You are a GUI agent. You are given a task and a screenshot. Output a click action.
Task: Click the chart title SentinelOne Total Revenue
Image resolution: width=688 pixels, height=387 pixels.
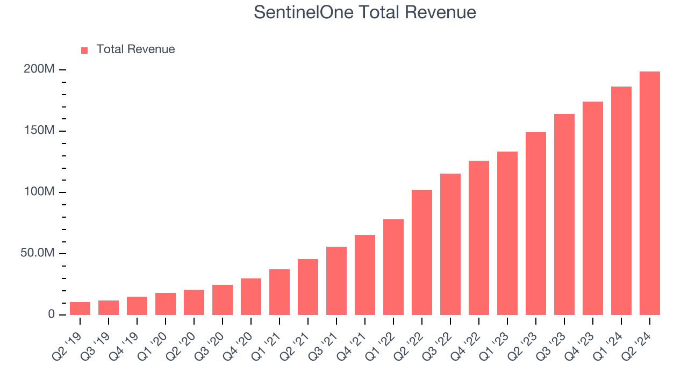point(365,12)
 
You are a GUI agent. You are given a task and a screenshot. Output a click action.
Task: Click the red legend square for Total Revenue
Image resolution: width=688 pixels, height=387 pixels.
point(84,51)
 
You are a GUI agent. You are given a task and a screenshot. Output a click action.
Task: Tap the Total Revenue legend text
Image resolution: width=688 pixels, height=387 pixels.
point(135,49)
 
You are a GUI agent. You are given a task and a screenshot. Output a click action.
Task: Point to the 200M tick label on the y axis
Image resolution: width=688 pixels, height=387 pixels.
point(39,69)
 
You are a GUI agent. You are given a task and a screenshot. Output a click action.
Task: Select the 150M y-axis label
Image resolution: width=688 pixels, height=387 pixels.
point(39,131)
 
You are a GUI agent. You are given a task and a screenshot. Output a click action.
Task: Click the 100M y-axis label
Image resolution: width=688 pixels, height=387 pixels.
point(39,192)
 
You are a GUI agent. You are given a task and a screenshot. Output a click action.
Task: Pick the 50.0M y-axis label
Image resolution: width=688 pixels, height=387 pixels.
point(37,253)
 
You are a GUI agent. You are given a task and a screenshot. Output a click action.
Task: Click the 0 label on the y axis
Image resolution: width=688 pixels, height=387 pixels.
point(52,314)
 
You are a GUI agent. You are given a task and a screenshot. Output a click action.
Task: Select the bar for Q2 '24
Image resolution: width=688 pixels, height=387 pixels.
point(649,193)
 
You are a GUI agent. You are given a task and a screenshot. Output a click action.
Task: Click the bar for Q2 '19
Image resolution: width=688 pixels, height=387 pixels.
point(80,309)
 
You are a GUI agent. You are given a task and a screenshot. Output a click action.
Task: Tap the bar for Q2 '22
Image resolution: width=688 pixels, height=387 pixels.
point(422,253)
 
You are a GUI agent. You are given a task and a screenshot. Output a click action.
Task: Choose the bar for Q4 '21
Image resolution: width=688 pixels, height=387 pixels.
point(365,275)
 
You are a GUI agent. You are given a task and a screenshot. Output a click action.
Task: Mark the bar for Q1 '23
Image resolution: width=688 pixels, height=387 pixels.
point(507,233)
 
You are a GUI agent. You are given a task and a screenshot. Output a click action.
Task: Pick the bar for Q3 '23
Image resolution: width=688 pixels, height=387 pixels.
point(564,214)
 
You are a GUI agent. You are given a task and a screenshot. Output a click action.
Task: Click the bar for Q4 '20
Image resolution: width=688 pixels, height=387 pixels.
point(251,297)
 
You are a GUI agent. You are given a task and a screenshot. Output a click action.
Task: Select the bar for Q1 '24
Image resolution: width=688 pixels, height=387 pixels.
point(621,201)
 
